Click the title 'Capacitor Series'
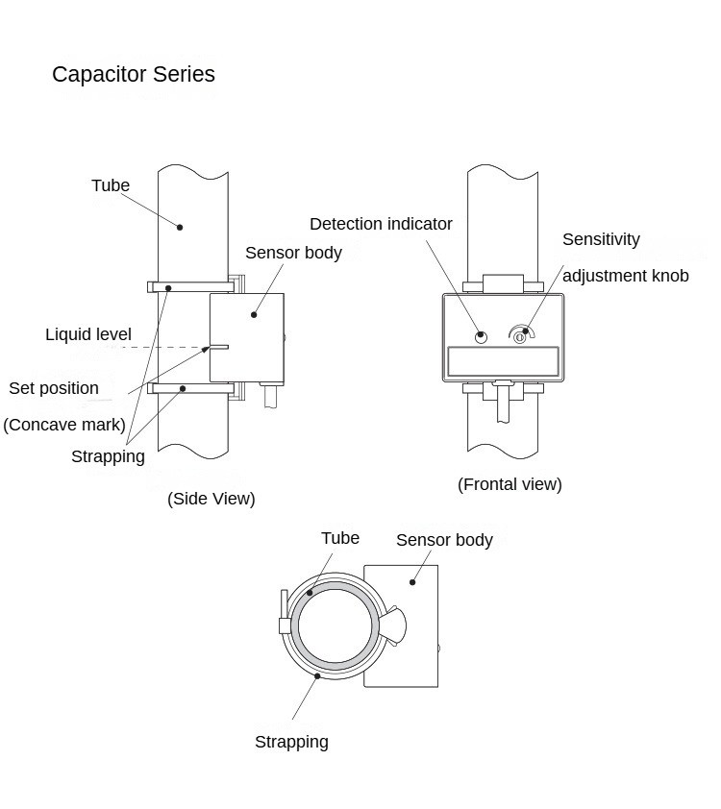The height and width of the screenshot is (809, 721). [134, 74]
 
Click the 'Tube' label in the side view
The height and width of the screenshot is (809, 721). [111, 185]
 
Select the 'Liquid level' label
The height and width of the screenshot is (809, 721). [88, 334]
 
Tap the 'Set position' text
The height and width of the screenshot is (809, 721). [54, 388]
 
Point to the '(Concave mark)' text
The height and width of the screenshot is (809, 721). [64, 424]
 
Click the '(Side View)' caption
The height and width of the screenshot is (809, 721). [211, 498]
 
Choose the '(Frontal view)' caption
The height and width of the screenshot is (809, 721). [510, 484]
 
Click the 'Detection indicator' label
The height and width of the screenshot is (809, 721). [381, 224]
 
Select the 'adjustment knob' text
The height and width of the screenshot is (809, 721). [626, 276]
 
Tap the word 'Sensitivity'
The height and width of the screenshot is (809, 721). [601, 239]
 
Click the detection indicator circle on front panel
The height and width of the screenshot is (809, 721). [482, 336]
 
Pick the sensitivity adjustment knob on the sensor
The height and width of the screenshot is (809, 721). [520, 336]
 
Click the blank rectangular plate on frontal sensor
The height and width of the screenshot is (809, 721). [503, 361]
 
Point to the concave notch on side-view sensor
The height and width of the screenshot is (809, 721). [218, 347]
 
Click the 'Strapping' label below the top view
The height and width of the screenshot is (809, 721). [291, 742]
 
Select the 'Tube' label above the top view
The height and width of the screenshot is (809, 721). [340, 538]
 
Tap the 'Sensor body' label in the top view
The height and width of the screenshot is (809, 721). [444, 540]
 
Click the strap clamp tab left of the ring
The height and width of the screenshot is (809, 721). [284, 625]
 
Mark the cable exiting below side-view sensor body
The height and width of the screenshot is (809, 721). [270, 397]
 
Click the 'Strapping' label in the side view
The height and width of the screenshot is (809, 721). [108, 456]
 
